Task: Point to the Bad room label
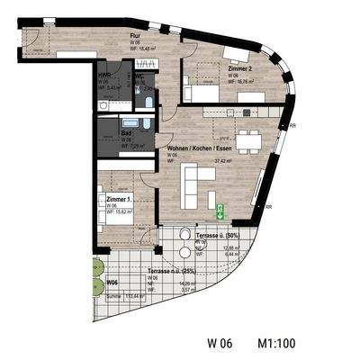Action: tap(126, 133)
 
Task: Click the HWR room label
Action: tap(105, 76)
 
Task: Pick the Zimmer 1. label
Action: tap(118, 198)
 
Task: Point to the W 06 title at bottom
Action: tap(220, 342)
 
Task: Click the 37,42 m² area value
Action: tap(221, 162)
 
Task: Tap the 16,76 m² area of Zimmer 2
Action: tap(225, 80)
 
